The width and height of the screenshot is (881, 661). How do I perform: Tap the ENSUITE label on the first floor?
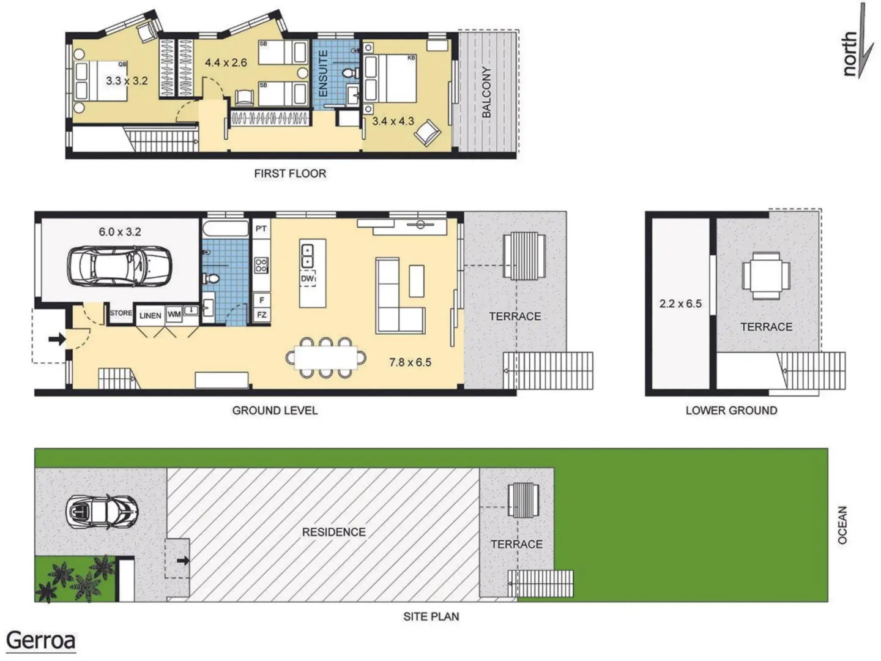pyautogui.click(x=323, y=73)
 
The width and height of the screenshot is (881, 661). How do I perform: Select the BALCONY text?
pyautogui.click(x=486, y=92)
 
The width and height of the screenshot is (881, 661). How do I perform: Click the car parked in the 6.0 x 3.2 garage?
pyautogui.click(x=119, y=266)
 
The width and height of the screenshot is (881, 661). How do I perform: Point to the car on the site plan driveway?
pyautogui.click(x=102, y=512)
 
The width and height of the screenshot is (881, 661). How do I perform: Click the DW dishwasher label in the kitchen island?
pyautogui.click(x=307, y=278)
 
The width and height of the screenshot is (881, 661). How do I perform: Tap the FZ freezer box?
pyautogui.click(x=262, y=315)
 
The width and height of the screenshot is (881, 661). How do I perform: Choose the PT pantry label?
pyautogui.click(x=261, y=229)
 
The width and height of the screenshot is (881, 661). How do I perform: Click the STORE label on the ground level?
pyautogui.click(x=121, y=313)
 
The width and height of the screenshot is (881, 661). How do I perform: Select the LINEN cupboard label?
pyautogui.click(x=150, y=315)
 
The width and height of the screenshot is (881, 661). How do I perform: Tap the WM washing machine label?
pyautogui.click(x=174, y=314)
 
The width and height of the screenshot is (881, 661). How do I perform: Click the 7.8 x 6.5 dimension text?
pyautogui.click(x=410, y=362)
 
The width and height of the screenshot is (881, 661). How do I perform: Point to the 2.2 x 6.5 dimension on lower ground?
pyautogui.click(x=680, y=304)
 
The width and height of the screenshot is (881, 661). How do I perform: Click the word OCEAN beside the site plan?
pyautogui.click(x=842, y=525)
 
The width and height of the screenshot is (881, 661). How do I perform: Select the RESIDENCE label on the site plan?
pyautogui.click(x=333, y=532)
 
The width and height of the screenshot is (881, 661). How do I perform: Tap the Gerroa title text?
pyautogui.click(x=40, y=641)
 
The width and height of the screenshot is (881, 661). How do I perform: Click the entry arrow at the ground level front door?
pyautogui.click(x=57, y=339)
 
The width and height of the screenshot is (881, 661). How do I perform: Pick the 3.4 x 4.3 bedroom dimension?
pyautogui.click(x=393, y=121)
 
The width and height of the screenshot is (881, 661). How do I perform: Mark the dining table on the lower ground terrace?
pyautogui.click(x=766, y=275)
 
